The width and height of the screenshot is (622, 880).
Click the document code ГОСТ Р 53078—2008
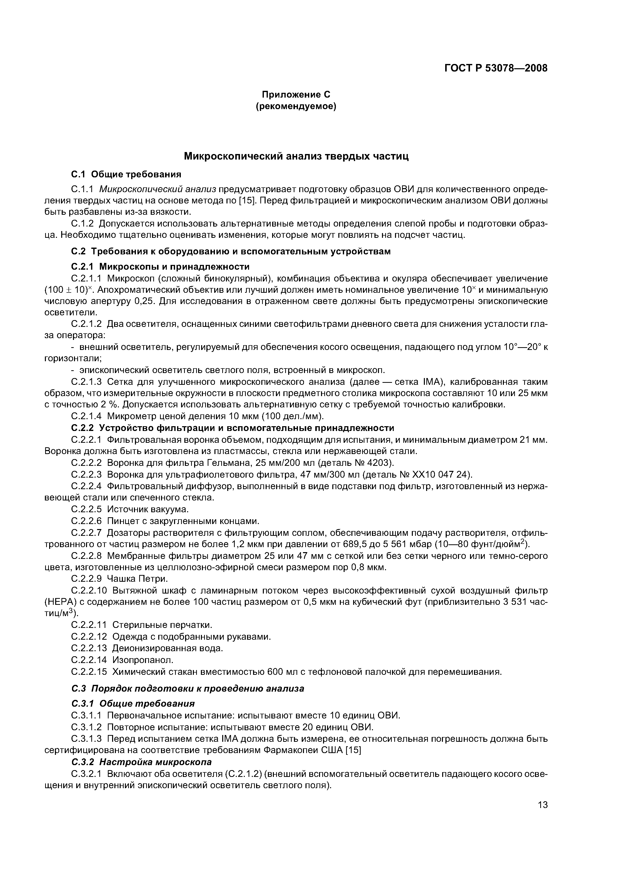click(496, 68)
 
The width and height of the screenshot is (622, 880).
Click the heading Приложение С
click(296, 94)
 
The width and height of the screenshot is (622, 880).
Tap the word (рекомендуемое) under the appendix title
click(296, 107)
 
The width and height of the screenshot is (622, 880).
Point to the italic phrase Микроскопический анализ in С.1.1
click(158, 189)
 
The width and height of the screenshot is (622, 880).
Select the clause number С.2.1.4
click(87, 416)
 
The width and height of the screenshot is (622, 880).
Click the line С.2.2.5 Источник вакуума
click(130, 509)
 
